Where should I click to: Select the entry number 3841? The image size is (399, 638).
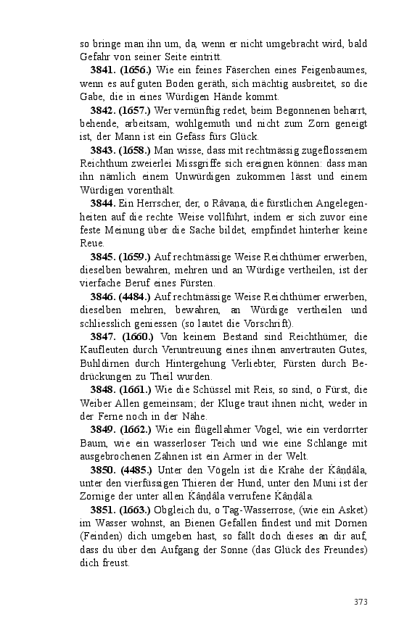pyautogui.click(x=104, y=70)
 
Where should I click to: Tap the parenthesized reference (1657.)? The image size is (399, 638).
pyautogui.click(x=135, y=111)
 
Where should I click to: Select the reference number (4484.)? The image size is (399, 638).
pyautogui.click(x=135, y=297)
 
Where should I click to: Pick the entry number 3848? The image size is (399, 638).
pyautogui.click(x=104, y=390)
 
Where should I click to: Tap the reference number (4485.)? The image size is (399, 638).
pyautogui.click(x=135, y=470)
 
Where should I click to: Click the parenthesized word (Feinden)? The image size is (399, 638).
pyautogui.click(x=99, y=536)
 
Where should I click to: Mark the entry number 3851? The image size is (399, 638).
pyautogui.click(x=104, y=510)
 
